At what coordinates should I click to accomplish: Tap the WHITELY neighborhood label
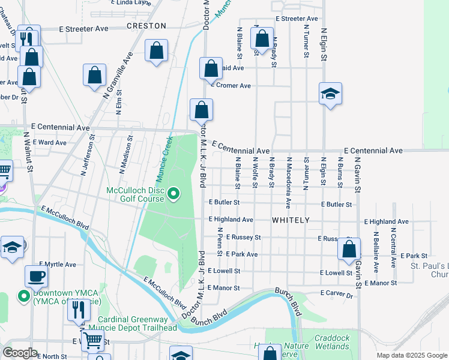click(x=291, y=220)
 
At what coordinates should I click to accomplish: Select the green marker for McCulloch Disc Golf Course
click(x=173, y=193)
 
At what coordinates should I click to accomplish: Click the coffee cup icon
click(x=36, y=276)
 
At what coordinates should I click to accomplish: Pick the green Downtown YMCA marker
click(x=24, y=296)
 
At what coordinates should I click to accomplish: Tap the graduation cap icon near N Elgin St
click(x=330, y=94)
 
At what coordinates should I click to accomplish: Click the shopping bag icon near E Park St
click(x=349, y=248)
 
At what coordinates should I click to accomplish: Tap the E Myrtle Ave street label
click(x=58, y=264)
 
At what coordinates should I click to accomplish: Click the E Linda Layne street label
click(x=131, y=2)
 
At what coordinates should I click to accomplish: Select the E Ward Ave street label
click(x=49, y=142)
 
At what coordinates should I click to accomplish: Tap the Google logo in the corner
click(x=20, y=353)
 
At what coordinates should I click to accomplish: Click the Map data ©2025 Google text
click(x=411, y=355)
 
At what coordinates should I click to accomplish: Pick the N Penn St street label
click(x=220, y=241)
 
